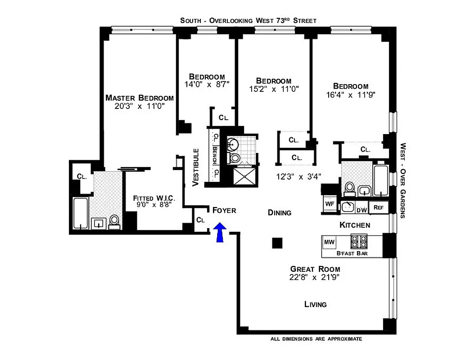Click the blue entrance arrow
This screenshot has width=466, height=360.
[220, 233]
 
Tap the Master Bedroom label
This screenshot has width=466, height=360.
[139, 98]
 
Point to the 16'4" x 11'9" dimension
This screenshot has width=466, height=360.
[351, 94]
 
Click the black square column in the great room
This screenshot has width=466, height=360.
[277, 243]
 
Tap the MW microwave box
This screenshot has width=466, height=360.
[330, 243]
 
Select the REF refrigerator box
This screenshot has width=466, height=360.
[378, 207]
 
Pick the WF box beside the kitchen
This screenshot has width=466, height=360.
[329, 204]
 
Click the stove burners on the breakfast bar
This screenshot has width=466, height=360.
[360, 242]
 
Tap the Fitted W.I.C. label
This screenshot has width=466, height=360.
[154, 198]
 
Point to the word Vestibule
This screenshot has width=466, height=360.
[196, 167]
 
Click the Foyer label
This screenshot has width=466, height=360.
[224, 210]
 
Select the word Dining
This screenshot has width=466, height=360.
[279, 212]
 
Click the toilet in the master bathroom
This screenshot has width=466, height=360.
[115, 220]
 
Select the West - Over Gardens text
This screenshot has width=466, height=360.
[403, 180]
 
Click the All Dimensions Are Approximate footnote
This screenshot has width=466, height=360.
[316, 339]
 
